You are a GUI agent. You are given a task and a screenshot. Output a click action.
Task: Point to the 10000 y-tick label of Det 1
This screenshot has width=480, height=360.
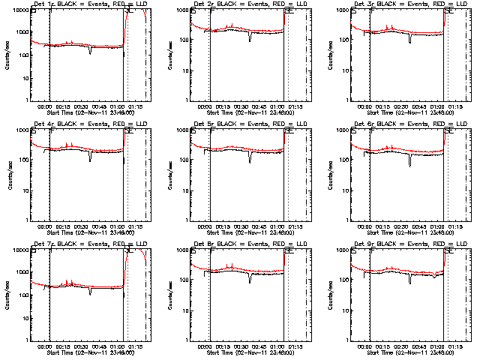coord(19,10)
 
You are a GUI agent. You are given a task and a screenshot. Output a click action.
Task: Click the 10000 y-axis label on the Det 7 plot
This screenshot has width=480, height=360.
coord(19,250)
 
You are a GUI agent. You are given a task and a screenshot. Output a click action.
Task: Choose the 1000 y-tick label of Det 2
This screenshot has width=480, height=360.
coord(181,10)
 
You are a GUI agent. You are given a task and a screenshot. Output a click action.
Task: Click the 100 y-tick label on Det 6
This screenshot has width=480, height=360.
coord(343,160)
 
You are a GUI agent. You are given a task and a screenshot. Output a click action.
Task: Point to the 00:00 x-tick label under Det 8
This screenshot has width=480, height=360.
coord(205,346)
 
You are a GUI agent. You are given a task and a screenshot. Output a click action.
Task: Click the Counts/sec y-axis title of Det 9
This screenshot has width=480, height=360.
coord(326,295)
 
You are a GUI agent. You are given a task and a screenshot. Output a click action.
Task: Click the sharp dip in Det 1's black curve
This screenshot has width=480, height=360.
coord(90,52)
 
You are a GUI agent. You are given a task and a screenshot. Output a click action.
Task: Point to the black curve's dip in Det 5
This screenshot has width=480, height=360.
coord(250,160)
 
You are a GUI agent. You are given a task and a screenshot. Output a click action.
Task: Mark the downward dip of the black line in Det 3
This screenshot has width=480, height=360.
coord(409,40)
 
